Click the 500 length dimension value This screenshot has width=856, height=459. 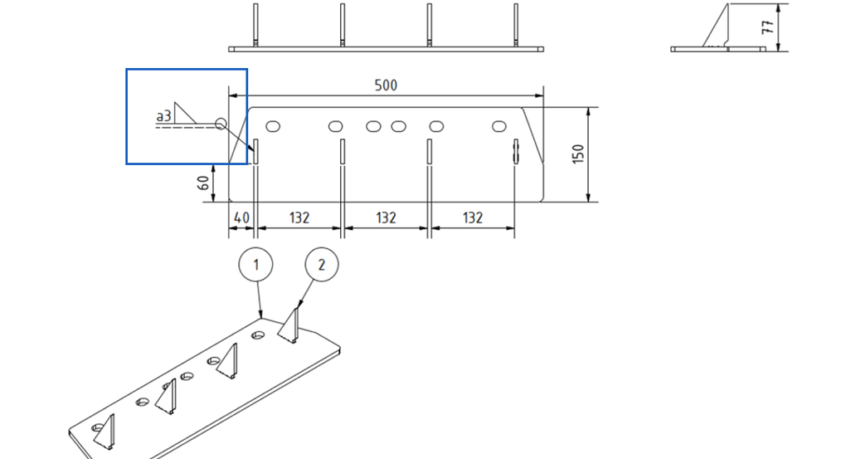386,85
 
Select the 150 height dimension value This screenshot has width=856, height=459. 578,154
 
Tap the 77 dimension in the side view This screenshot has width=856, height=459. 767,27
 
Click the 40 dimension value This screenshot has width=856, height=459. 241,217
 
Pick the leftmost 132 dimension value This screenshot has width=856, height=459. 299,217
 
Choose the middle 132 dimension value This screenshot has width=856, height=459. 386,217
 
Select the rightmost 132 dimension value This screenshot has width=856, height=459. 472,217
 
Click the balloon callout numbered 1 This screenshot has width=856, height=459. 256,265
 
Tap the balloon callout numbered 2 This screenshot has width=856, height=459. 322,265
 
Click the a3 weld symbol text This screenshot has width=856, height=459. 163,117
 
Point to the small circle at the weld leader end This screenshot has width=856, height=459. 220,125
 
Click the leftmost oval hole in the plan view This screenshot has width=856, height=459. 272,126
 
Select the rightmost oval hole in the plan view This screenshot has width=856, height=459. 499,126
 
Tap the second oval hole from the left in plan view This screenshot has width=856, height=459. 335,126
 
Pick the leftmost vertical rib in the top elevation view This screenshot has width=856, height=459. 255,25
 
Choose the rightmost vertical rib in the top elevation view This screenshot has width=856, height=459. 515,25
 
